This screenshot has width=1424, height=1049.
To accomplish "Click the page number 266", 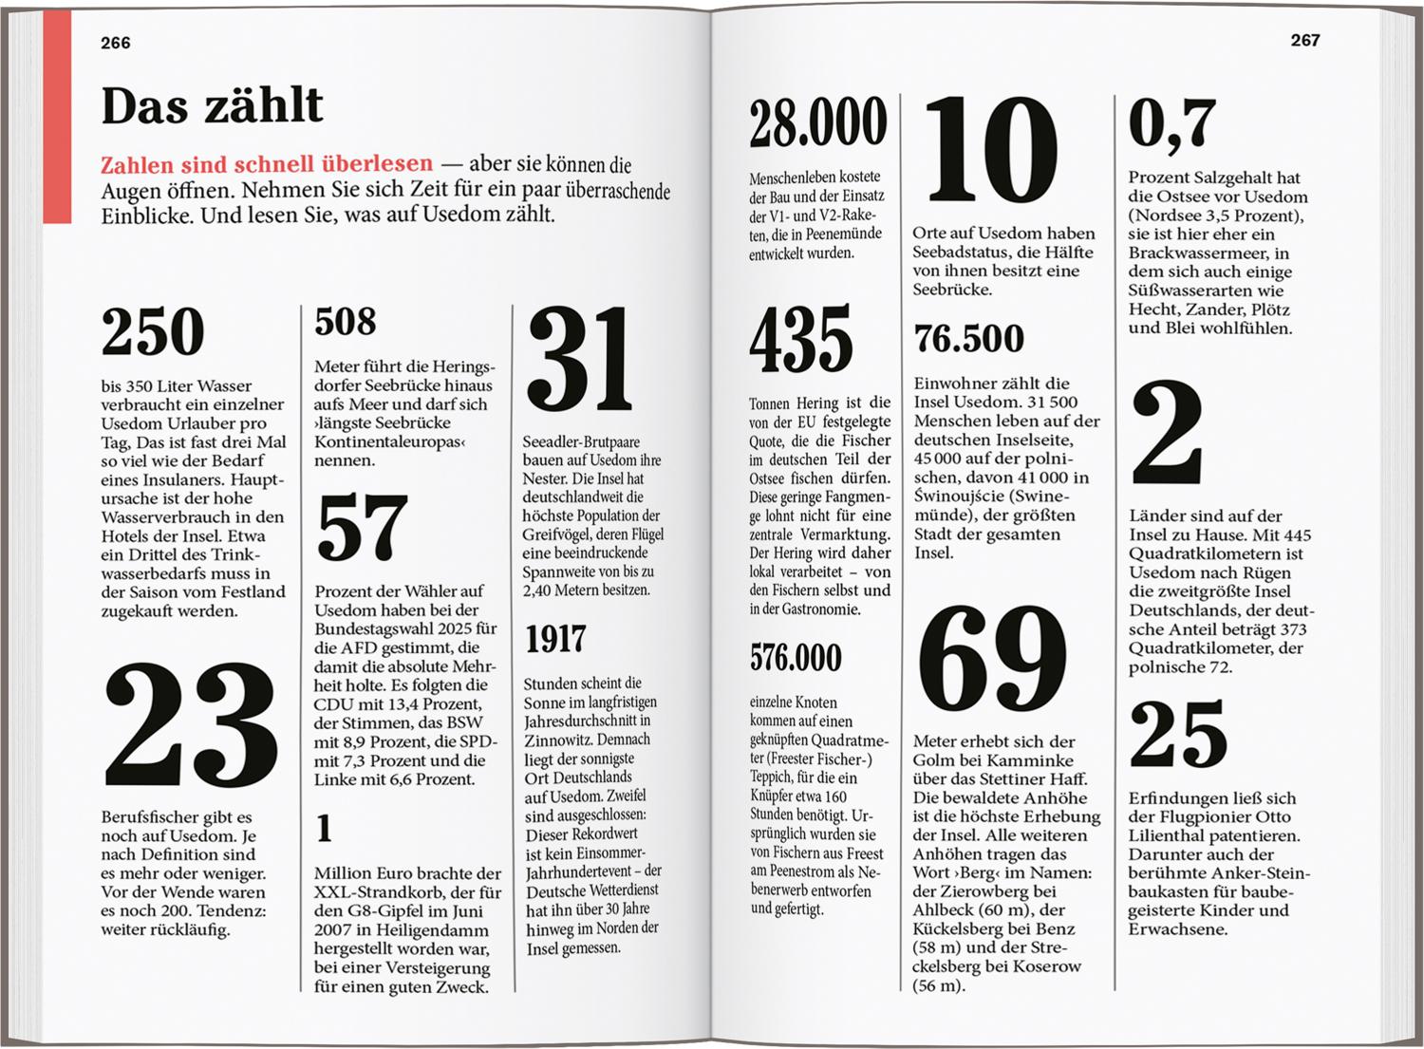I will [x=116, y=43].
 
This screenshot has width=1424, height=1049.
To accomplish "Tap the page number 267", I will [x=1305, y=40].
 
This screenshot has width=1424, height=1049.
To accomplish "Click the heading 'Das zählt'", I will [x=212, y=105].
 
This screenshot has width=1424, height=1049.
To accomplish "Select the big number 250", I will [x=153, y=332].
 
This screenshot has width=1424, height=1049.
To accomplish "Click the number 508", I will [x=346, y=322].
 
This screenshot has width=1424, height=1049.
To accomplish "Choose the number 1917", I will [x=555, y=640].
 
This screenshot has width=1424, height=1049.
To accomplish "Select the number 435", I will [x=800, y=340].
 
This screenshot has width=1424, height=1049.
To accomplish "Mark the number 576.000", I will [x=796, y=657].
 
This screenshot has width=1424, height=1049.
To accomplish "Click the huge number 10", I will [x=990, y=148].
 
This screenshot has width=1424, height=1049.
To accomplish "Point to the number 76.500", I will [x=969, y=339].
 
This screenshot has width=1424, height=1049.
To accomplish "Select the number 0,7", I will [x=1172, y=123].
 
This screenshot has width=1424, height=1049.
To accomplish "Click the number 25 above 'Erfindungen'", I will [x=1178, y=734].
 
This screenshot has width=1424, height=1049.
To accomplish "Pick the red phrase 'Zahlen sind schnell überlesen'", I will [x=267, y=164].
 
